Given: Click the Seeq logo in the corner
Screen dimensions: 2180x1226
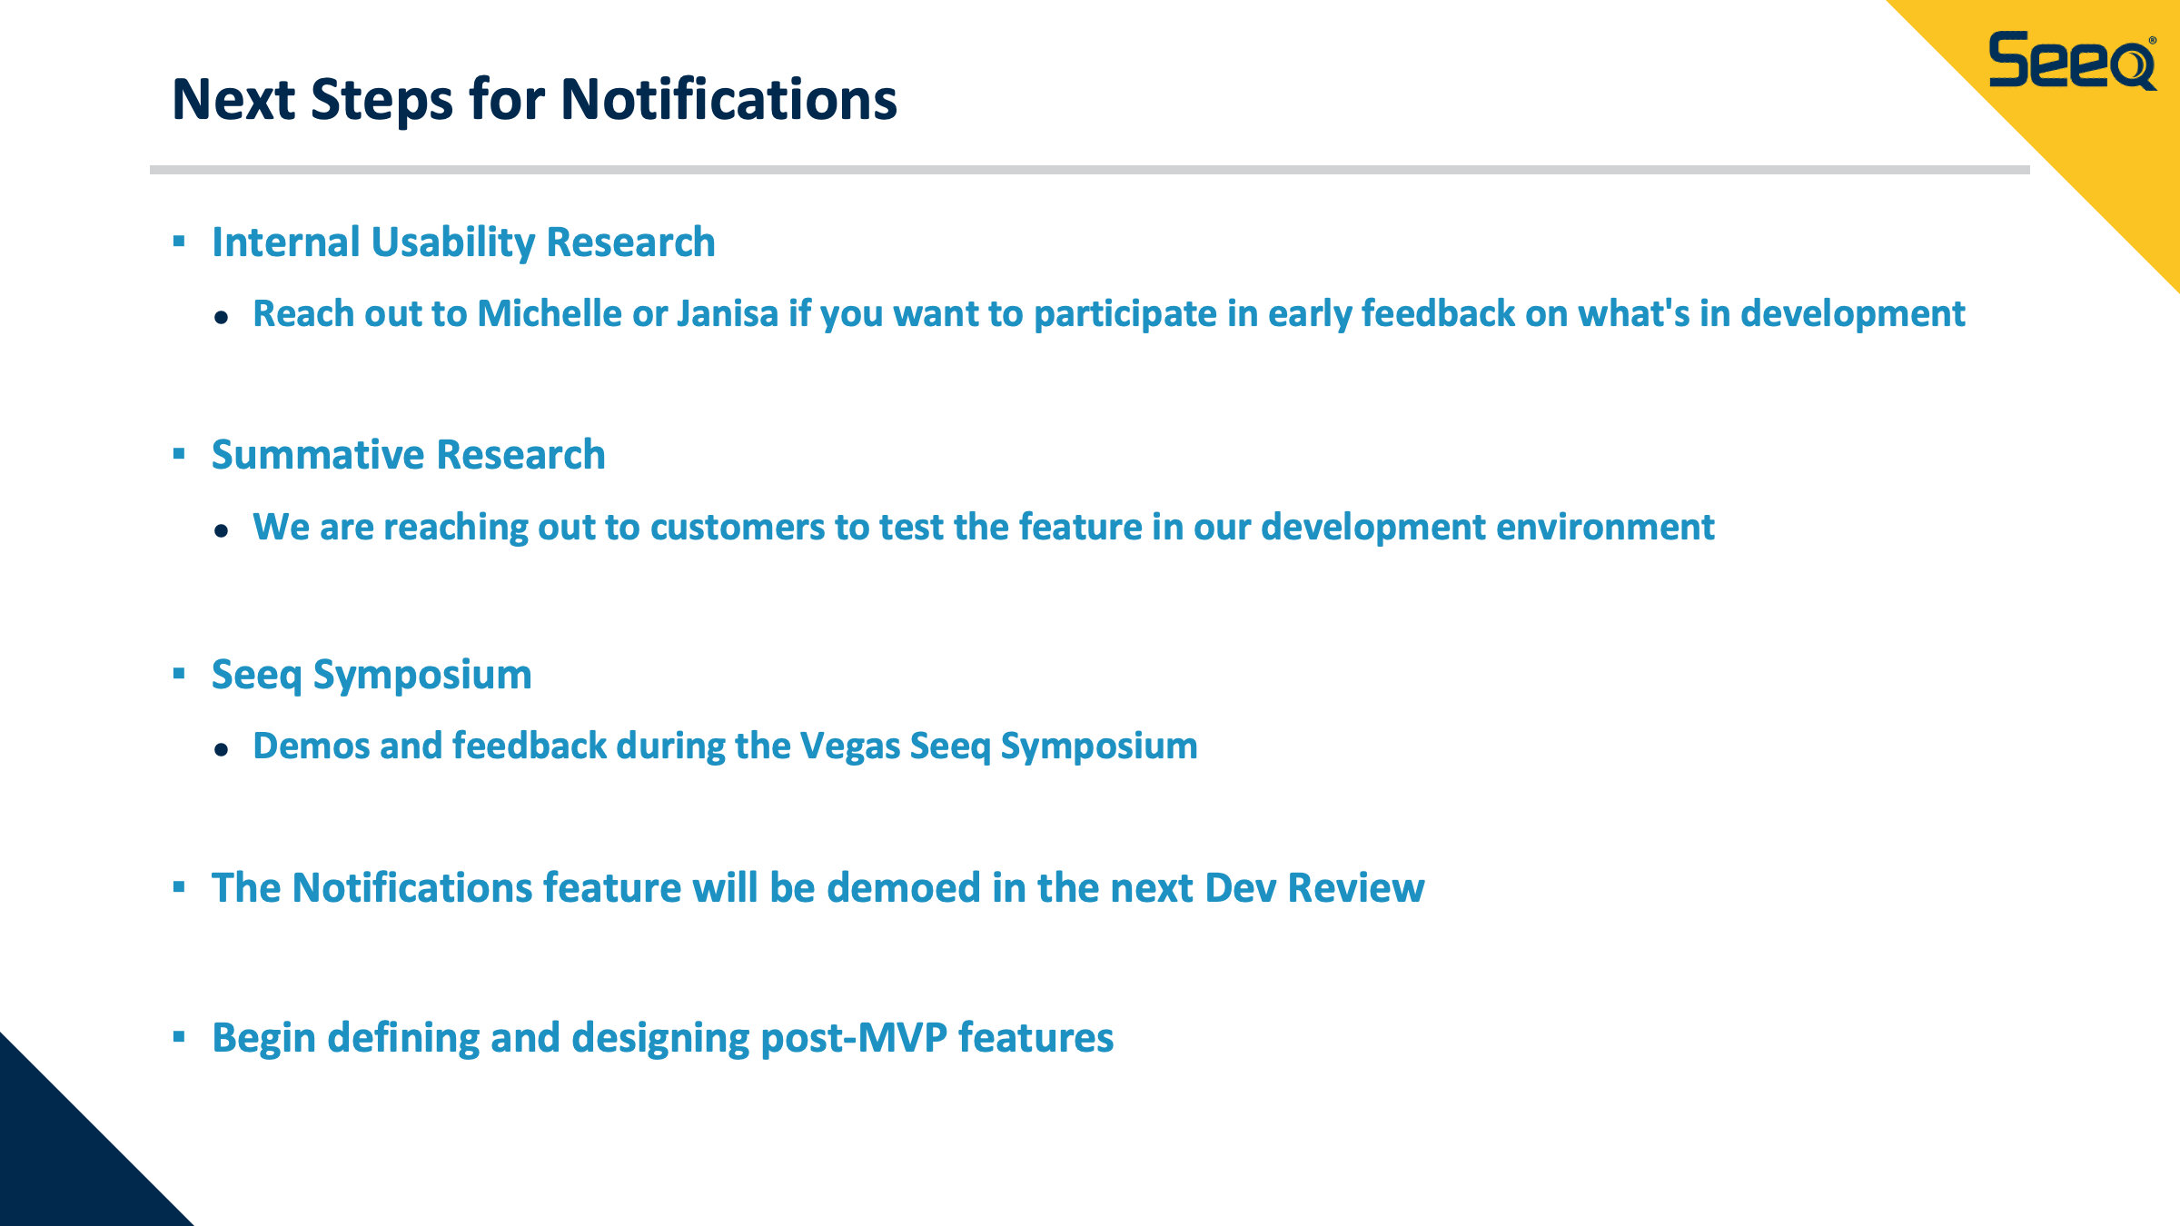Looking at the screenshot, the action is tap(2072, 61).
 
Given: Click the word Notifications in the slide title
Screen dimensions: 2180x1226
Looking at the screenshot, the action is tap(728, 99).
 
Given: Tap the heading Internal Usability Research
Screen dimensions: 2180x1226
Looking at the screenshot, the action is tap(463, 242).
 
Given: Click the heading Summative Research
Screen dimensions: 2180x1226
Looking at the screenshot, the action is tap(408, 454).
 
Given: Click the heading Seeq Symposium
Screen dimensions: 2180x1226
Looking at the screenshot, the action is tap(372, 675).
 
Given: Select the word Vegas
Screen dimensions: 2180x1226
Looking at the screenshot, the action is tap(849, 746).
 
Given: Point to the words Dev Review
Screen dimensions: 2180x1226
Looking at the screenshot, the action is tap(1314, 887).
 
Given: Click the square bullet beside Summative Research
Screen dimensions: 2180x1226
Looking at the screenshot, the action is tap(179, 453).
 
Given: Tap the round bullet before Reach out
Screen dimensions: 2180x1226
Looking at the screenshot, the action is tap(221, 317).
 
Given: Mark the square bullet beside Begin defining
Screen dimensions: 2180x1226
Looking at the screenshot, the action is tap(179, 1036).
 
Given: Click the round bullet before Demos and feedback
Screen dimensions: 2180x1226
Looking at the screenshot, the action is tap(221, 749).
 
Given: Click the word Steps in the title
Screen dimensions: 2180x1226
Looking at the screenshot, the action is tap(381, 101).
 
